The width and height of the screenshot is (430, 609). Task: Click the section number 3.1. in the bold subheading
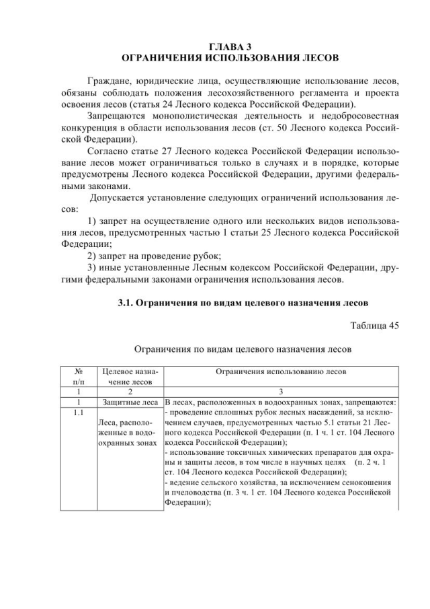pyautogui.click(x=127, y=302)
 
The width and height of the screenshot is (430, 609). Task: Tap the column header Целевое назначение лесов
pyautogui.click(x=130, y=375)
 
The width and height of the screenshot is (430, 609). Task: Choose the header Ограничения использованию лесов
pyautogui.click(x=281, y=371)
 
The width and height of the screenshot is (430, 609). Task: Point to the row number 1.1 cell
pyautogui.click(x=78, y=412)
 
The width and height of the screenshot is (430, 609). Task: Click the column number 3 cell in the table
pyautogui.click(x=281, y=391)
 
